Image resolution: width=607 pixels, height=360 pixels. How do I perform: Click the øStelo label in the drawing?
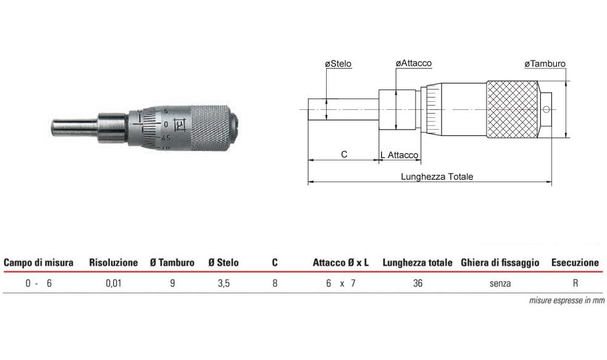(338, 64)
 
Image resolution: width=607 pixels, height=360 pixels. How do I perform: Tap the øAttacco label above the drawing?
(414, 63)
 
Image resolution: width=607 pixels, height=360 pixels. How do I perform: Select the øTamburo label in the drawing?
(545, 64)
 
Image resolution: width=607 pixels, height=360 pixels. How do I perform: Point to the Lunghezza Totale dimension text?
(437, 177)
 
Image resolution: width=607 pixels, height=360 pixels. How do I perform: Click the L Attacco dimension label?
(399, 155)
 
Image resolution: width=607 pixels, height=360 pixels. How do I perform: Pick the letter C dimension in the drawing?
(344, 154)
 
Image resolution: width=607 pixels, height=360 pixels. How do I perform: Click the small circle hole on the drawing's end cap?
(546, 109)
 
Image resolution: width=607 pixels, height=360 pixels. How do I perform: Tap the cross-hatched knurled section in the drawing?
(512, 109)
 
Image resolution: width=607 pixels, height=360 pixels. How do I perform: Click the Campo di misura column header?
(38, 262)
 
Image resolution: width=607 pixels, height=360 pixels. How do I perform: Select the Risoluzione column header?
(114, 262)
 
